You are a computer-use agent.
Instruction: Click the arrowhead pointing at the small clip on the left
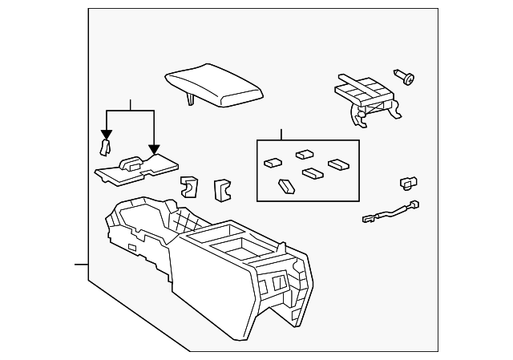point(104,135)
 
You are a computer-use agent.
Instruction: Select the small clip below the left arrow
point(103,146)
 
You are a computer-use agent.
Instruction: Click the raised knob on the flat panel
point(131,162)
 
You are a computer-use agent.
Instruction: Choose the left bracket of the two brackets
point(189,186)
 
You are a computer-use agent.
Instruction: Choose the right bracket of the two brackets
point(220,189)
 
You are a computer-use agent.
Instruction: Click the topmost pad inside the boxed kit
point(305,154)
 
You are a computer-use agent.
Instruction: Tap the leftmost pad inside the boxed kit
point(273,162)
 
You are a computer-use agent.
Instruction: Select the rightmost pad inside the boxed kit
point(337,164)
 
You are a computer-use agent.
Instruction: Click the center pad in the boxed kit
point(311,172)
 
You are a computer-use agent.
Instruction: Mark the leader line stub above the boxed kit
point(281,134)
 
